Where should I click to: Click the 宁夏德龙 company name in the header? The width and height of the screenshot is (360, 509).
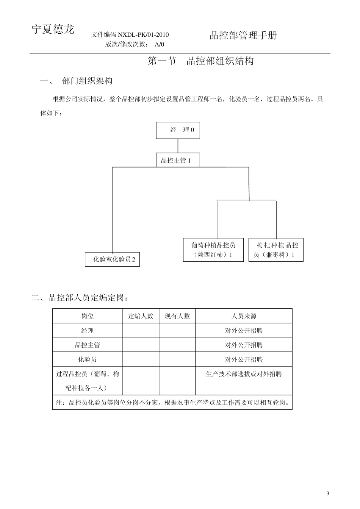click(53, 30)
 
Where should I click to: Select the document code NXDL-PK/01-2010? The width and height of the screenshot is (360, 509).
click(143, 35)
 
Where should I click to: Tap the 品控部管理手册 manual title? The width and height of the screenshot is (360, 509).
click(243, 36)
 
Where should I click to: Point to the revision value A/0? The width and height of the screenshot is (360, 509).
click(160, 44)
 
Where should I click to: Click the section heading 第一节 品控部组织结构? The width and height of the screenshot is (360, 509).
click(200, 61)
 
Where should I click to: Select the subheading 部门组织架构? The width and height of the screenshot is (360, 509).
click(87, 81)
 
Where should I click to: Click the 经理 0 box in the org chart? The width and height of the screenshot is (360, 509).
click(178, 130)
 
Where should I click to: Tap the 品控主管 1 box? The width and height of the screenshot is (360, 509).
click(178, 160)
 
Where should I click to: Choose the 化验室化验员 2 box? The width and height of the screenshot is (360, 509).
click(112, 259)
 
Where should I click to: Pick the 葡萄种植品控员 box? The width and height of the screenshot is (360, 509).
click(213, 250)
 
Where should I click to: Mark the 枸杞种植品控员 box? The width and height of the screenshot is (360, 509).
click(275, 250)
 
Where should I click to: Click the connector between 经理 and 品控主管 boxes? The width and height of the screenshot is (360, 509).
click(178, 146)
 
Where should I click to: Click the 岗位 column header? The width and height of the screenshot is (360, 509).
click(88, 316)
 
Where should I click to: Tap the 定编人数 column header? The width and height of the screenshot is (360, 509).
click(141, 316)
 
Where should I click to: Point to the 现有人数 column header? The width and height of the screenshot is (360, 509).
click(177, 316)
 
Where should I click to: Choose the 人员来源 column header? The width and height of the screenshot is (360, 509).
click(244, 316)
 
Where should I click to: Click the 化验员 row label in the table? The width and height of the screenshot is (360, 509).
click(88, 359)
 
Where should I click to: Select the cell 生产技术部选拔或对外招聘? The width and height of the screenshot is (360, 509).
click(244, 374)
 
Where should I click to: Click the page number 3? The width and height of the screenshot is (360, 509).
click(327, 493)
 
